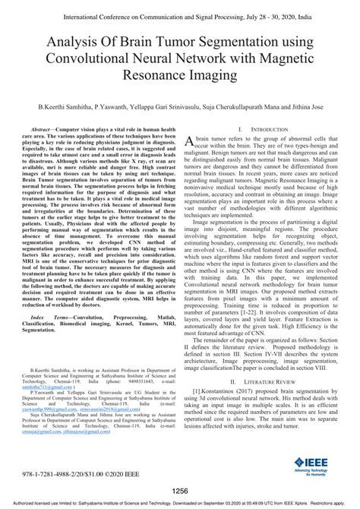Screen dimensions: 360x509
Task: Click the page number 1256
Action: coord(180,490)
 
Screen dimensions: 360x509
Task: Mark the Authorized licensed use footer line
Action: coord(180,503)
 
